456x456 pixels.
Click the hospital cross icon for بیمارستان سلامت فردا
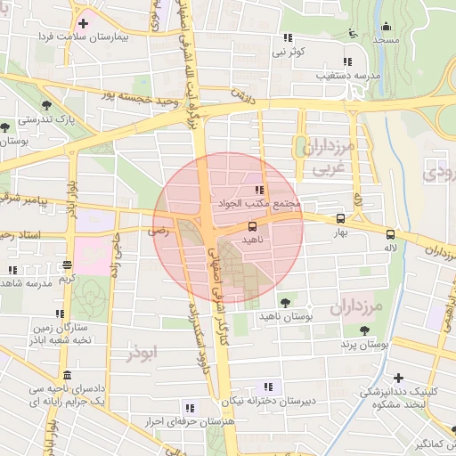(x=84, y=23)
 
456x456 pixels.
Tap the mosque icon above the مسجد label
(x=386, y=26)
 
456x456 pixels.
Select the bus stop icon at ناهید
(x=252, y=226)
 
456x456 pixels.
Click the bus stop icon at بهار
(x=340, y=218)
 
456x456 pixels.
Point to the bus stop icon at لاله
(x=390, y=234)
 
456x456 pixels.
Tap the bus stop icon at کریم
(x=68, y=265)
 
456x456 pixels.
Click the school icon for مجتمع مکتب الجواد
(x=259, y=190)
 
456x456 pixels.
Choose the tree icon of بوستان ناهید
(x=284, y=303)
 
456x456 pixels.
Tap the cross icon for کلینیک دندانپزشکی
(x=398, y=378)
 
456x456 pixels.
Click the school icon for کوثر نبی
(x=287, y=37)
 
